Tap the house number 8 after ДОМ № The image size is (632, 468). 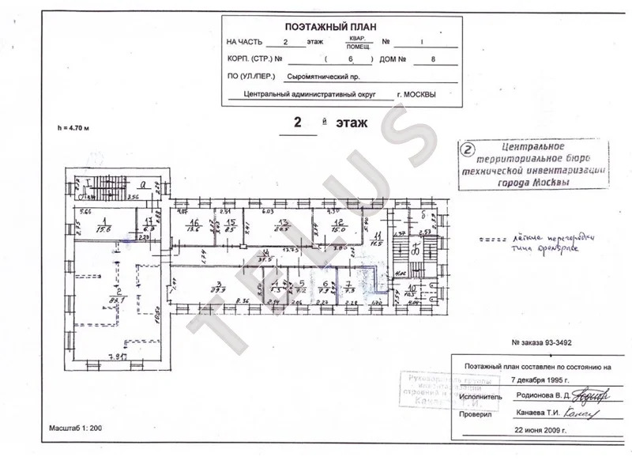point(431,59)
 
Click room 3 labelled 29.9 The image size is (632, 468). point(215,288)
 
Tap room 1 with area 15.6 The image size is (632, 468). point(103,225)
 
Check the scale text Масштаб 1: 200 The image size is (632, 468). point(76,430)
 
